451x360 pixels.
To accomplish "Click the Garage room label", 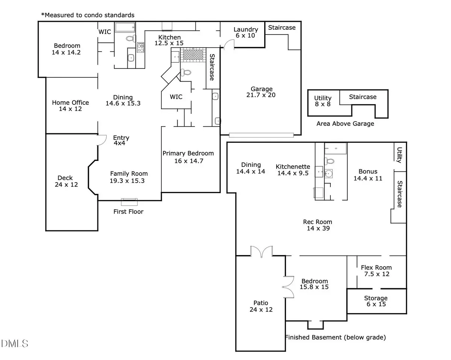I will click(262, 92).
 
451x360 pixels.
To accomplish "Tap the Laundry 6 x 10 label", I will click(246, 32).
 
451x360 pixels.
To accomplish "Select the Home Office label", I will click(70, 106).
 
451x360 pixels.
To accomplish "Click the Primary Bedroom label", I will click(188, 157).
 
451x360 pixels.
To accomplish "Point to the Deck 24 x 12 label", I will click(65, 181).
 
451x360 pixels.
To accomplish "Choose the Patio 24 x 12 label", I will click(261, 306).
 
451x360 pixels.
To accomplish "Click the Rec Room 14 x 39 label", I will click(318, 225).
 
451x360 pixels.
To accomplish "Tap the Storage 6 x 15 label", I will click(375, 301).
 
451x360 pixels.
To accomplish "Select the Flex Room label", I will click(376, 271).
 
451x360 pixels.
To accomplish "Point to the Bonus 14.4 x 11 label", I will click(368, 175).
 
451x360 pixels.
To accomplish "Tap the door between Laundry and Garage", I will click(228, 45).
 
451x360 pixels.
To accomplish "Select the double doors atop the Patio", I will click(261, 251).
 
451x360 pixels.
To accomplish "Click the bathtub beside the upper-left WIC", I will click(127, 27).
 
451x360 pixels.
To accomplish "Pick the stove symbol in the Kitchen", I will click(141, 47).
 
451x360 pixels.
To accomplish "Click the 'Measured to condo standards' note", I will click(88, 15).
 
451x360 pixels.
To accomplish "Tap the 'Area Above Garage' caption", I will click(345, 124).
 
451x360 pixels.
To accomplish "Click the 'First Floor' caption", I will click(128, 212).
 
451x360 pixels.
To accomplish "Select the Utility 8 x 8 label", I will click(322, 101).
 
